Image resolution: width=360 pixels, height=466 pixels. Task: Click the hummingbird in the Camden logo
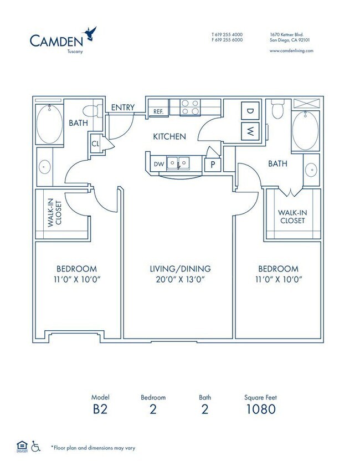click(x=89, y=34)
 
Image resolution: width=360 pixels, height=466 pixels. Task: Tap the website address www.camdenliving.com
click(x=291, y=51)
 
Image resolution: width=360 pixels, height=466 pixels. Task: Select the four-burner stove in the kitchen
click(x=190, y=107)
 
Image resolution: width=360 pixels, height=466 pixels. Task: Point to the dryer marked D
click(x=250, y=111)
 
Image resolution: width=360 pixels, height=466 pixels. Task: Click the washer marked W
click(x=250, y=131)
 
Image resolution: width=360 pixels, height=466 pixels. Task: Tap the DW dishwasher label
click(x=159, y=164)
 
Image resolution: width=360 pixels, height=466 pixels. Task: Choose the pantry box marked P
click(x=213, y=165)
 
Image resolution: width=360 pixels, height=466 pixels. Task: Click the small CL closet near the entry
click(x=96, y=144)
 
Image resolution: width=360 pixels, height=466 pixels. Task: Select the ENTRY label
click(x=123, y=107)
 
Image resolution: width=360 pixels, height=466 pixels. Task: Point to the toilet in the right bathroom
click(x=277, y=109)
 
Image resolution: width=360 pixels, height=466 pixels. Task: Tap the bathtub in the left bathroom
click(x=50, y=124)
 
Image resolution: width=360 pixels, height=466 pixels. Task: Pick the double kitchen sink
click(x=178, y=163)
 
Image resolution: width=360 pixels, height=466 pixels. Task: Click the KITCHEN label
click(x=169, y=137)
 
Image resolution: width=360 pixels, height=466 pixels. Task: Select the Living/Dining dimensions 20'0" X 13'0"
click(x=181, y=279)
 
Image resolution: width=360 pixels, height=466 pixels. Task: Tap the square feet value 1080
click(x=261, y=409)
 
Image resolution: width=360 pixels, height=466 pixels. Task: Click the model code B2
click(x=100, y=409)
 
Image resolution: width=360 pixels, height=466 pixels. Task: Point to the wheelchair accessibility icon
click(x=35, y=446)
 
